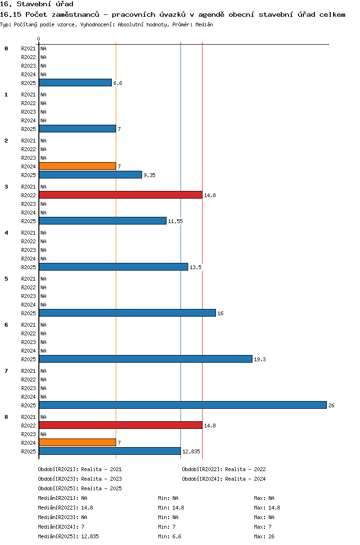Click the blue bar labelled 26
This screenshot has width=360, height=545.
(x=183, y=405)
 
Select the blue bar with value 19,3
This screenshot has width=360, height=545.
(x=146, y=359)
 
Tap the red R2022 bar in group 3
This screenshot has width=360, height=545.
(x=120, y=195)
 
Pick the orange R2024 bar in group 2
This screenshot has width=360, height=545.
(x=78, y=166)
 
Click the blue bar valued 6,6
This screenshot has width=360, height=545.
(x=75, y=83)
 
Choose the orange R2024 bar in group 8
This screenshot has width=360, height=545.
(x=78, y=442)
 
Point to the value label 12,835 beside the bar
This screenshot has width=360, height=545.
(x=192, y=451)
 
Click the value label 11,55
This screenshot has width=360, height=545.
(x=175, y=221)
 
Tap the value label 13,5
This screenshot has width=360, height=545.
(x=195, y=267)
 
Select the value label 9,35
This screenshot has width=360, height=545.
(x=150, y=175)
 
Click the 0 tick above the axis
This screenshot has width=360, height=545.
(x=38, y=39)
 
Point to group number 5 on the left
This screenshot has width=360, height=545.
(x=6, y=279)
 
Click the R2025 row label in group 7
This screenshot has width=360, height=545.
(x=28, y=405)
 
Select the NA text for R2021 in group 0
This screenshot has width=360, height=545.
(x=44, y=48)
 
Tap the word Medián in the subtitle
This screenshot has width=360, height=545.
(x=204, y=24)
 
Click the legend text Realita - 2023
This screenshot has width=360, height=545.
(x=102, y=479)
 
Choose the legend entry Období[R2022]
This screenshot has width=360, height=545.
(x=202, y=469)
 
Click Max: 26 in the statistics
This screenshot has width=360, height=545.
(x=264, y=536)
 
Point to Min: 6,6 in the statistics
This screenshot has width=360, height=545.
(x=169, y=536)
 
